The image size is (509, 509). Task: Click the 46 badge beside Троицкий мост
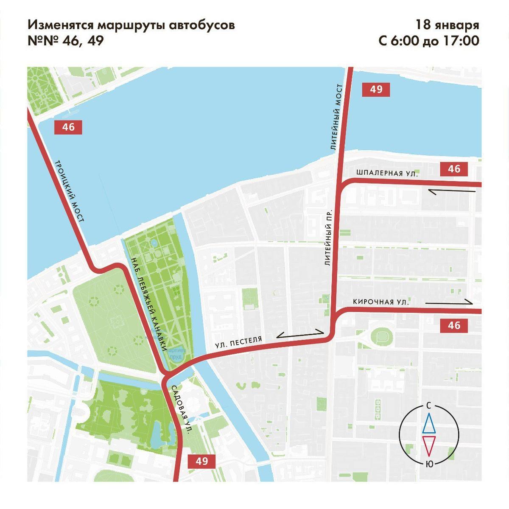68,127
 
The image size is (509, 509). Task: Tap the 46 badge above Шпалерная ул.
454,169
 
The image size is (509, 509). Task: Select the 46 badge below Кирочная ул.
454,325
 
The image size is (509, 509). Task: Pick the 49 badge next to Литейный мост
376,89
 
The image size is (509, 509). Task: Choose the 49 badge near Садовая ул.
202,461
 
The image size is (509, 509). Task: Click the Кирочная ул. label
381,302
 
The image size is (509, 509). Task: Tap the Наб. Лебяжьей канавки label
148,304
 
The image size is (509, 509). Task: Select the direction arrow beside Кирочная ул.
449,302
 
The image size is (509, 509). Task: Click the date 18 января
447,25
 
